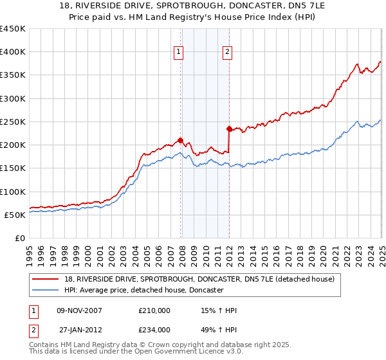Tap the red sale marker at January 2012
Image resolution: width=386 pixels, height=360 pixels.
point(229,129)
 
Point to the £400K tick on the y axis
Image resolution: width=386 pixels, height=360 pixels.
point(13,52)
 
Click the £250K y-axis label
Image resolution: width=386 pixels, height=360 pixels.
point(13,122)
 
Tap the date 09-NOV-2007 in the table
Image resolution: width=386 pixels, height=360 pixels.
point(79,310)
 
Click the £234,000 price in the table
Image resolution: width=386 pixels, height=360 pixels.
point(154,329)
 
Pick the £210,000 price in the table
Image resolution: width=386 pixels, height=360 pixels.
point(154,310)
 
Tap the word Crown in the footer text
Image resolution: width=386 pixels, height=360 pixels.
point(166,345)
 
